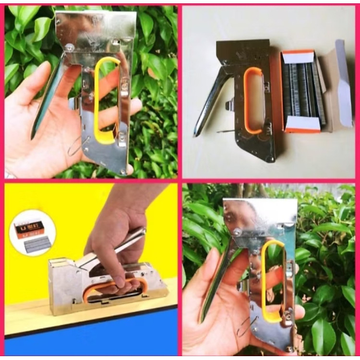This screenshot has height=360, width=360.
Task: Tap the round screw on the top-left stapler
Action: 71,47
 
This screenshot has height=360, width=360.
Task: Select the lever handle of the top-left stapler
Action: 48,101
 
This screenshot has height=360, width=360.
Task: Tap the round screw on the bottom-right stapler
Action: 237,233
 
